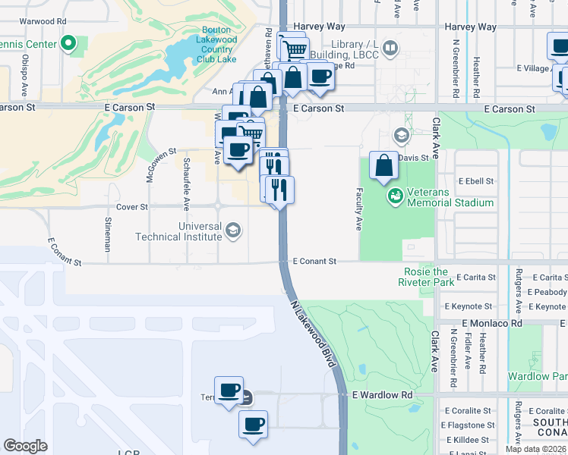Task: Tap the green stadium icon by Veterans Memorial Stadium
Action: (394, 197)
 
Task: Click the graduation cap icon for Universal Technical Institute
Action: (233, 229)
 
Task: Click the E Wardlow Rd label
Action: (383, 395)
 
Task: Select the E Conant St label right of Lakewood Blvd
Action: (314, 261)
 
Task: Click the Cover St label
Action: (132, 206)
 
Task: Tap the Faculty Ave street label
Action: (358, 209)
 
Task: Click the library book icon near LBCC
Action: (390, 49)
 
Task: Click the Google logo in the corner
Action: (25, 446)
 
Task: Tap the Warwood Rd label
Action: (43, 22)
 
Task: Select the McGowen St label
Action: (161, 165)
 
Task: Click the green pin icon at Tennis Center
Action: (69, 44)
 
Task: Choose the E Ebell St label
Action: (474, 181)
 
